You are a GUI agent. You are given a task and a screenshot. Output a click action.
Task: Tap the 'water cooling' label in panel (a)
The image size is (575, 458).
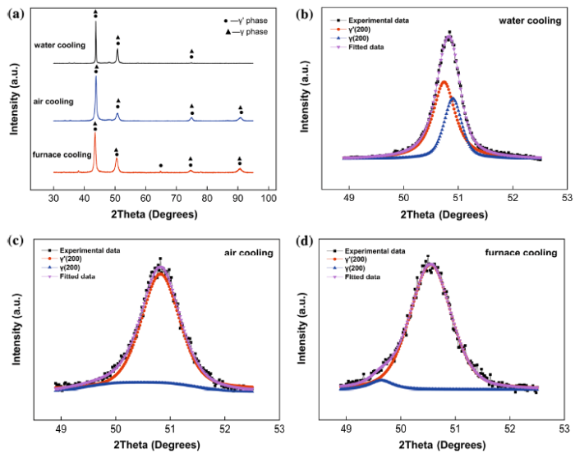[60, 44]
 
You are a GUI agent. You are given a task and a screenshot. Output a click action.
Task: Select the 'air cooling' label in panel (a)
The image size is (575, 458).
[54, 101]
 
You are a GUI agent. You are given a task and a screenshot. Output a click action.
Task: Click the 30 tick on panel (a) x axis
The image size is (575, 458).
[54, 199]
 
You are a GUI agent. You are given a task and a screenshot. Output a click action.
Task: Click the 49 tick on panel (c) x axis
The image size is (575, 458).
[62, 428]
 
